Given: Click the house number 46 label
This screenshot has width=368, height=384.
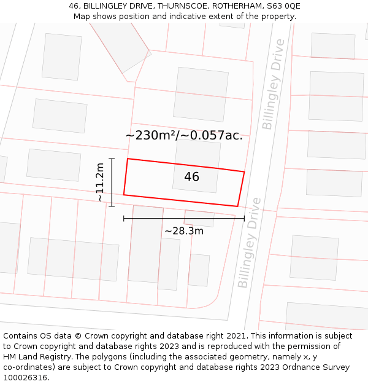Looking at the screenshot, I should tap(191, 177).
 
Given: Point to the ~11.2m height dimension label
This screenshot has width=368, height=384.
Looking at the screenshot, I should tap(100, 182).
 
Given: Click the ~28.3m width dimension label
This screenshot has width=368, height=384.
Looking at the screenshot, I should tap(184, 231).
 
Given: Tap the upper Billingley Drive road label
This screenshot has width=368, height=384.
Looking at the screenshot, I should tap(274, 84).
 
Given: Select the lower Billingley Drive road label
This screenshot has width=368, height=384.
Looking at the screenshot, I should tap(249, 243).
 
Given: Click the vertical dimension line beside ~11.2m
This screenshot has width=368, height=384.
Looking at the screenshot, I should tap(112, 182).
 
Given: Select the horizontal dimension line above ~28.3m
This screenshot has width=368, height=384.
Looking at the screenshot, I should tap(184, 217).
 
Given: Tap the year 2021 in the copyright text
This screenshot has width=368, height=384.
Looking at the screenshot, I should tap(236, 336).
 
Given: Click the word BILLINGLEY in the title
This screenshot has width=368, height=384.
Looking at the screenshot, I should tap(105, 6).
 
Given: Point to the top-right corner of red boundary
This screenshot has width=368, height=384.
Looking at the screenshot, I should tap(244, 172).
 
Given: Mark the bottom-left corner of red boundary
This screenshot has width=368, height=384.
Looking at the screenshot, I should tap(124, 195).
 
